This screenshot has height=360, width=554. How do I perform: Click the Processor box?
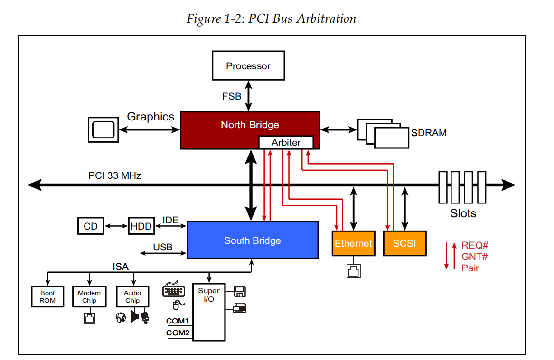point(248,66)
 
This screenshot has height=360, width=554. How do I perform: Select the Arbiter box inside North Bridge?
point(286,142)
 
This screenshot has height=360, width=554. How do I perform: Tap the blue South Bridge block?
point(252,240)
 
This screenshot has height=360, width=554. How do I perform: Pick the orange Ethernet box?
point(353,243)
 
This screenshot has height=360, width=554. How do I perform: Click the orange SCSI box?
point(404,243)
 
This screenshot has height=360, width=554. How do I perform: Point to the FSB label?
point(232,96)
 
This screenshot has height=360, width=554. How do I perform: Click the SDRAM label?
point(429,133)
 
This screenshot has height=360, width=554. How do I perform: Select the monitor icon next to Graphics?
point(103,129)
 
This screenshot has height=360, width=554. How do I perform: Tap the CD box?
point(90,226)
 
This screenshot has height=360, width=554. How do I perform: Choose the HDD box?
point(141,226)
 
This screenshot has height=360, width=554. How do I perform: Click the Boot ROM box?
point(47,297)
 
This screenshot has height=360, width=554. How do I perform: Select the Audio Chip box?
point(132,297)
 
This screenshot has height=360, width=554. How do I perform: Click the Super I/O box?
point(209,312)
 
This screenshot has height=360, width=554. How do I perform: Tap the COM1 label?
point(178,321)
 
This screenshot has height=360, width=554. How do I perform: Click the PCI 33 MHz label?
point(115,175)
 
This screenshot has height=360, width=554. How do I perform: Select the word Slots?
point(463,213)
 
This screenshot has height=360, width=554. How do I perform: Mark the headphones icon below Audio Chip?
point(121,317)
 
